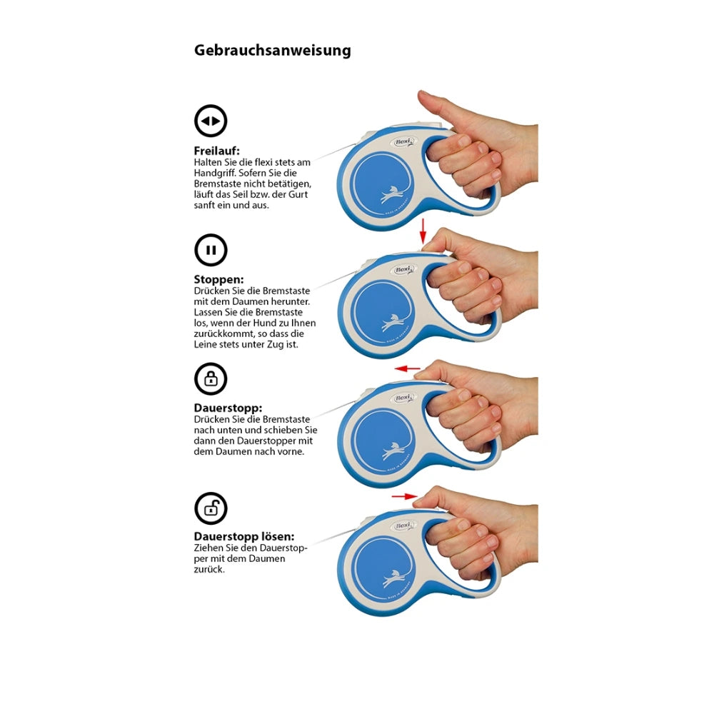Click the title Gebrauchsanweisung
click(x=272, y=50)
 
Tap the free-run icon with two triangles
click(x=211, y=121)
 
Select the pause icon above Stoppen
click(x=211, y=250)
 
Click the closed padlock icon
click(x=211, y=379)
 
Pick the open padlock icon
click(x=211, y=508)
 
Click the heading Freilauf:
click(x=217, y=151)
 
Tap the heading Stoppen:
click(x=218, y=279)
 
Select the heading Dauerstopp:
click(x=228, y=408)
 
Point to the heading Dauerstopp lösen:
click(x=244, y=536)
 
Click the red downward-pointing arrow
click(x=423, y=231)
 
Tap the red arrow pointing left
click(x=407, y=368)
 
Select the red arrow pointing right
click(x=405, y=496)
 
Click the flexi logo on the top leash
click(x=403, y=142)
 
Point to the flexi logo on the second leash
click(x=403, y=270)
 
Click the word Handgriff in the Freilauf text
click(x=215, y=174)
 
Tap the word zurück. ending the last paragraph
click(x=209, y=570)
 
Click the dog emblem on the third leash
click(x=393, y=451)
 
